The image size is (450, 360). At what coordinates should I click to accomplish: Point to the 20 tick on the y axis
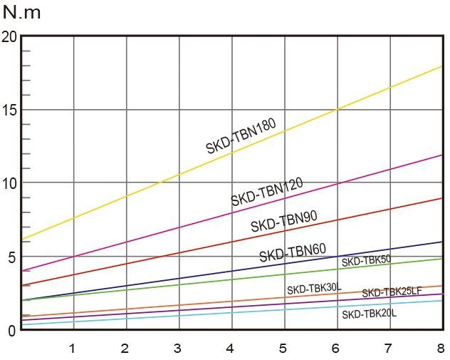point(9,36)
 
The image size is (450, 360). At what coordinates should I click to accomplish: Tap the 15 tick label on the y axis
point(9,110)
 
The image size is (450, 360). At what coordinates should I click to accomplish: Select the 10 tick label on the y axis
point(9,182)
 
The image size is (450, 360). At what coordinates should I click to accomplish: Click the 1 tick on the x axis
point(72,348)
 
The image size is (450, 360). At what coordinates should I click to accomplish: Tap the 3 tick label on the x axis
point(177,348)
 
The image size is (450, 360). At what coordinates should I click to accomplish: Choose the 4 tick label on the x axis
point(230,348)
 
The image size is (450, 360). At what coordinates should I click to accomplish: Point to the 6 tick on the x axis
point(335,348)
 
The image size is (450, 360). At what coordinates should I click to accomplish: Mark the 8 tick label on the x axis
point(441,348)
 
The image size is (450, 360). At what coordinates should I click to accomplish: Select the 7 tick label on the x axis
point(388,348)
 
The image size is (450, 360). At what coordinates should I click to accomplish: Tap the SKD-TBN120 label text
point(267,192)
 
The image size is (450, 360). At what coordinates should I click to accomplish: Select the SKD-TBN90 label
point(283,221)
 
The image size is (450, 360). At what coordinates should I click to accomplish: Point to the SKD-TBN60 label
point(292,252)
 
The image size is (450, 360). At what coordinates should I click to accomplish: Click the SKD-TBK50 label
point(366,261)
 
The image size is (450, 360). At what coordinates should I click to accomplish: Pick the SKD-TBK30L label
point(314,289)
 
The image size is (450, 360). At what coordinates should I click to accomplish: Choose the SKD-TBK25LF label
point(392,292)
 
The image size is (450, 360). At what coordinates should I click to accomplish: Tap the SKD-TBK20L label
point(369,314)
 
